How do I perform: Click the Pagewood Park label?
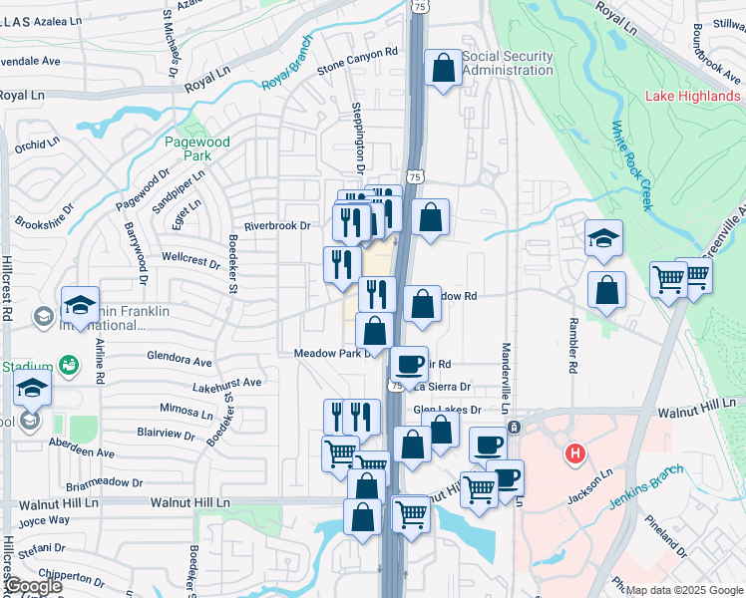(198, 149)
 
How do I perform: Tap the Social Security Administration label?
(507, 64)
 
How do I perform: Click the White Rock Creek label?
(630, 165)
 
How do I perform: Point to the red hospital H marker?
(574, 455)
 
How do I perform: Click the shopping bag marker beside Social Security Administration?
(443, 69)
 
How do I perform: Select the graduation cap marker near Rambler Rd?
(603, 237)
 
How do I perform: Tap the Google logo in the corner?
(32, 586)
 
